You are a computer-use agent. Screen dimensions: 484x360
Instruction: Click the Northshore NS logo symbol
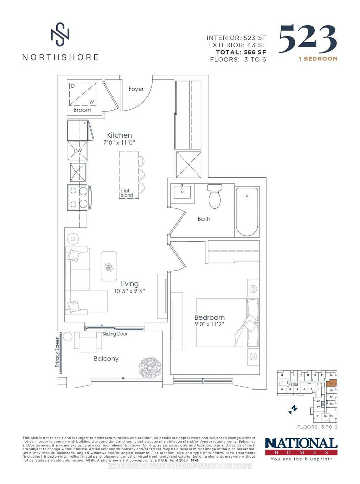[60, 34]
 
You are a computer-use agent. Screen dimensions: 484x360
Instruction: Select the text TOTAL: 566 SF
[241, 52]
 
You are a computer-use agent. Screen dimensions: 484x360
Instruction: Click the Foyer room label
[136, 89]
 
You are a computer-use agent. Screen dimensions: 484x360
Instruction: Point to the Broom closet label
[82, 110]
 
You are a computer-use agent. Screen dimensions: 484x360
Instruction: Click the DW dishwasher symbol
[78, 151]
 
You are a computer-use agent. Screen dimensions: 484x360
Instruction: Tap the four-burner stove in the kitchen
[79, 197]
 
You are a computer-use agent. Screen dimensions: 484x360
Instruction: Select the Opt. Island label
[127, 193]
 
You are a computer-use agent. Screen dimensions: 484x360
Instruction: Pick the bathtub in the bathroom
[247, 211]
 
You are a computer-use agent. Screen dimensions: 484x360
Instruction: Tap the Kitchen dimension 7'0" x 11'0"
[119, 143]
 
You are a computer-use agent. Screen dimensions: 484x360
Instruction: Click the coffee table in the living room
[109, 266]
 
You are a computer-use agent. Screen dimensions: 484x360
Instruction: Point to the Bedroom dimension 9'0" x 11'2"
[209, 324]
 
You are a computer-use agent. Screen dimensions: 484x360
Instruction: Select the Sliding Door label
[115, 334]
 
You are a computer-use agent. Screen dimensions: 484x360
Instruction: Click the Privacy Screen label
[57, 352]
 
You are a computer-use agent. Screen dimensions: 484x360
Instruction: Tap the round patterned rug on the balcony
[150, 368]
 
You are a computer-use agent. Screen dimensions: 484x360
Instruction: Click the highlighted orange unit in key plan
[331, 383]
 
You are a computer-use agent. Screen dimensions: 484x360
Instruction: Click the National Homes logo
[301, 447]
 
